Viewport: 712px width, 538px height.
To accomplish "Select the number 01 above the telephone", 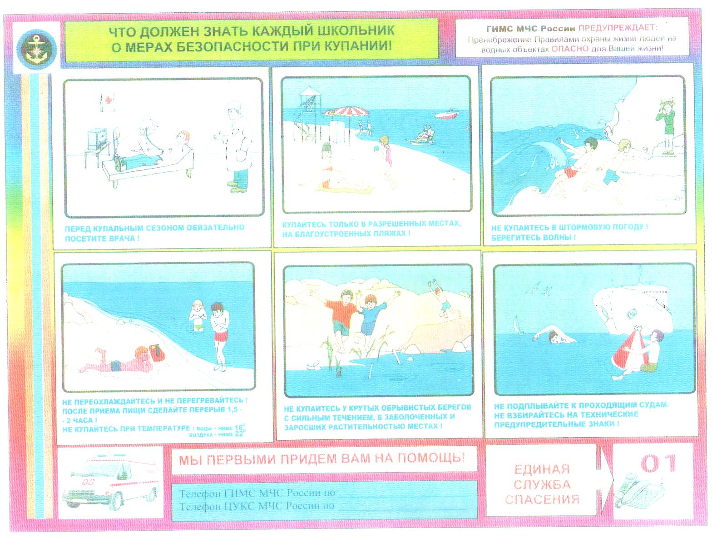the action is coord(658,463).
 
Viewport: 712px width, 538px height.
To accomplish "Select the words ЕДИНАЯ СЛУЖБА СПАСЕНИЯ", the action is coord(542,484).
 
